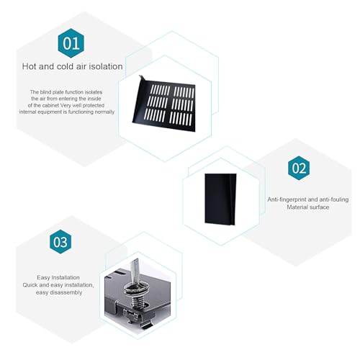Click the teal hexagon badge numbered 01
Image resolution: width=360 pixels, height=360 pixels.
point(71,43)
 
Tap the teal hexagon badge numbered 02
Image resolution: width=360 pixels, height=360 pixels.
point(299,168)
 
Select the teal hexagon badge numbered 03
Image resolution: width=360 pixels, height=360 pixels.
point(60,242)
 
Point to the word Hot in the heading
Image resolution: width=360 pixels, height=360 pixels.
point(29,66)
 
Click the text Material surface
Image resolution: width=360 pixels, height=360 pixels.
point(308,207)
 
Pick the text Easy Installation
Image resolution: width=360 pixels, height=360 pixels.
point(58,277)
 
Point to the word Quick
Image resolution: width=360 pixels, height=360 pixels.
point(30,285)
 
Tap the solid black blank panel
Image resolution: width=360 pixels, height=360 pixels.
point(220,199)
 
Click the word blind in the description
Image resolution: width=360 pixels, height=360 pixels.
point(45,92)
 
